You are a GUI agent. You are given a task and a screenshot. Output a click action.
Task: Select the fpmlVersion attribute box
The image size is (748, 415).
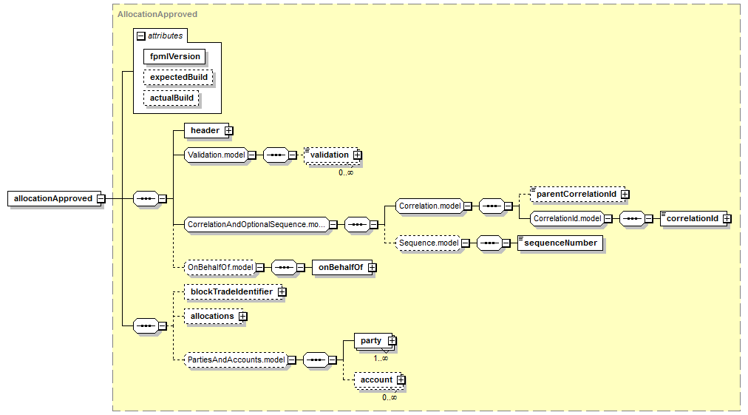pyautogui.click(x=174, y=56)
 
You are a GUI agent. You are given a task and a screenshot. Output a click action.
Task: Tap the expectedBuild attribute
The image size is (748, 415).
pyautogui.click(x=178, y=77)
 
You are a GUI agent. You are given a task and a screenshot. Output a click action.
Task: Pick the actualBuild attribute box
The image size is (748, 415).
pyautogui.click(x=171, y=98)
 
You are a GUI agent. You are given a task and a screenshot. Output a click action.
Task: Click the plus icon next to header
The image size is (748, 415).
pyautogui.click(x=228, y=130)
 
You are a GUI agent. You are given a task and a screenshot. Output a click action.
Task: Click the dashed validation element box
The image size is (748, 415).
pyautogui.click(x=330, y=155)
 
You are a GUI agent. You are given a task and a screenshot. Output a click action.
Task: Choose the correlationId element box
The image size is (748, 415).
pyautogui.click(x=693, y=218)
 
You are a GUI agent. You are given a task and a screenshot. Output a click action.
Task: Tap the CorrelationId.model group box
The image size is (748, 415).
pyautogui.click(x=566, y=218)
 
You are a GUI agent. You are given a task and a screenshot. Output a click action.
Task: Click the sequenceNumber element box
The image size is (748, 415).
pyautogui.click(x=560, y=243)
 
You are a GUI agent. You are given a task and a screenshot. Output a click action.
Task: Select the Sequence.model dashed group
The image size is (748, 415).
pyautogui.click(x=427, y=243)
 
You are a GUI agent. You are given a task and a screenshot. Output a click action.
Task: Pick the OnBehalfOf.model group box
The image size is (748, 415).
pyautogui.click(x=220, y=267)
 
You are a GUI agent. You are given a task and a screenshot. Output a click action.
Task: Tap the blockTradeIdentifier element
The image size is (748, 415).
pyautogui.click(x=231, y=291)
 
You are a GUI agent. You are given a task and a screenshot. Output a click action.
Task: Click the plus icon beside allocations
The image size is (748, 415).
pyautogui.click(x=242, y=316)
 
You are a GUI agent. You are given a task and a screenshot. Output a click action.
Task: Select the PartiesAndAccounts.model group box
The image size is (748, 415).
pyautogui.click(x=236, y=360)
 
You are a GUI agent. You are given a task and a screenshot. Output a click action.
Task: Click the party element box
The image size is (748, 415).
pyautogui.click(x=371, y=340)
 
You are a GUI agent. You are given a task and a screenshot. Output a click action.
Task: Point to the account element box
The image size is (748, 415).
pyautogui.click(x=376, y=379)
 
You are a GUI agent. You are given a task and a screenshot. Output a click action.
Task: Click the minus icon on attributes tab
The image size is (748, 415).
pyautogui.click(x=141, y=36)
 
